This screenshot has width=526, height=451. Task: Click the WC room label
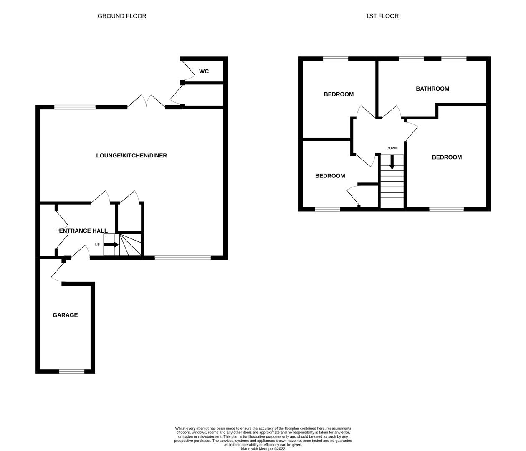click(204, 71)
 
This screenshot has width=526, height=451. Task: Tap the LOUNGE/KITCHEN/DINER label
click(131, 155)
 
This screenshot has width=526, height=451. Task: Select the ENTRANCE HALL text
click(83, 231)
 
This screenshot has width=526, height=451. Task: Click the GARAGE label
click(65, 315)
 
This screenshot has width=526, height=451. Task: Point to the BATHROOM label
click(432, 89)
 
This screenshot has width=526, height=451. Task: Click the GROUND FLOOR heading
click(122, 16)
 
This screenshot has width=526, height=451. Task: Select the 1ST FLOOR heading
click(382, 16)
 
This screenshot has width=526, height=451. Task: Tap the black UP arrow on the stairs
click(111, 245)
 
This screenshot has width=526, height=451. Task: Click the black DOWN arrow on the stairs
click(392, 162)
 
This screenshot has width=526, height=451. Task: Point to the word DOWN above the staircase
click(392, 148)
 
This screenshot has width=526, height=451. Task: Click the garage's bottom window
click(72, 371)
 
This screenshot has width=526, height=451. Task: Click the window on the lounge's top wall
click(75, 107)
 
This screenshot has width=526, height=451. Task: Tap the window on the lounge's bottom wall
click(183, 258)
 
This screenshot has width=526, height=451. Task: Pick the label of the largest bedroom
click(447, 157)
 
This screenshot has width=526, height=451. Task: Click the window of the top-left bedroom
click(336, 59)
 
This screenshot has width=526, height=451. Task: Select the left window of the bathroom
click(411, 59)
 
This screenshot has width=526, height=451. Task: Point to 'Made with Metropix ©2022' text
click(263, 449)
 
